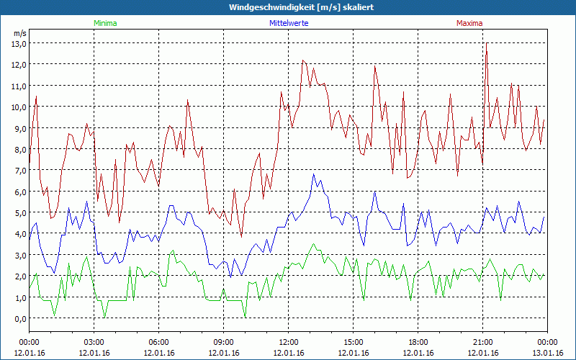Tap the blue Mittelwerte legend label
[289, 23]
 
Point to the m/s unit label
[19, 33]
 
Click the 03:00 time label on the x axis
[94, 342]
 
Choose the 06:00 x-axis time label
[159, 342]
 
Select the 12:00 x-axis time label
[289, 342]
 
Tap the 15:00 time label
[354, 342]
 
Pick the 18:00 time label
[418, 342]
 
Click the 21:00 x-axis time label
[483, 342]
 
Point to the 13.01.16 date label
[548, 353]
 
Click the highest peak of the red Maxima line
[487, 44]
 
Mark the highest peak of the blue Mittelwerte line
[314, 174]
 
